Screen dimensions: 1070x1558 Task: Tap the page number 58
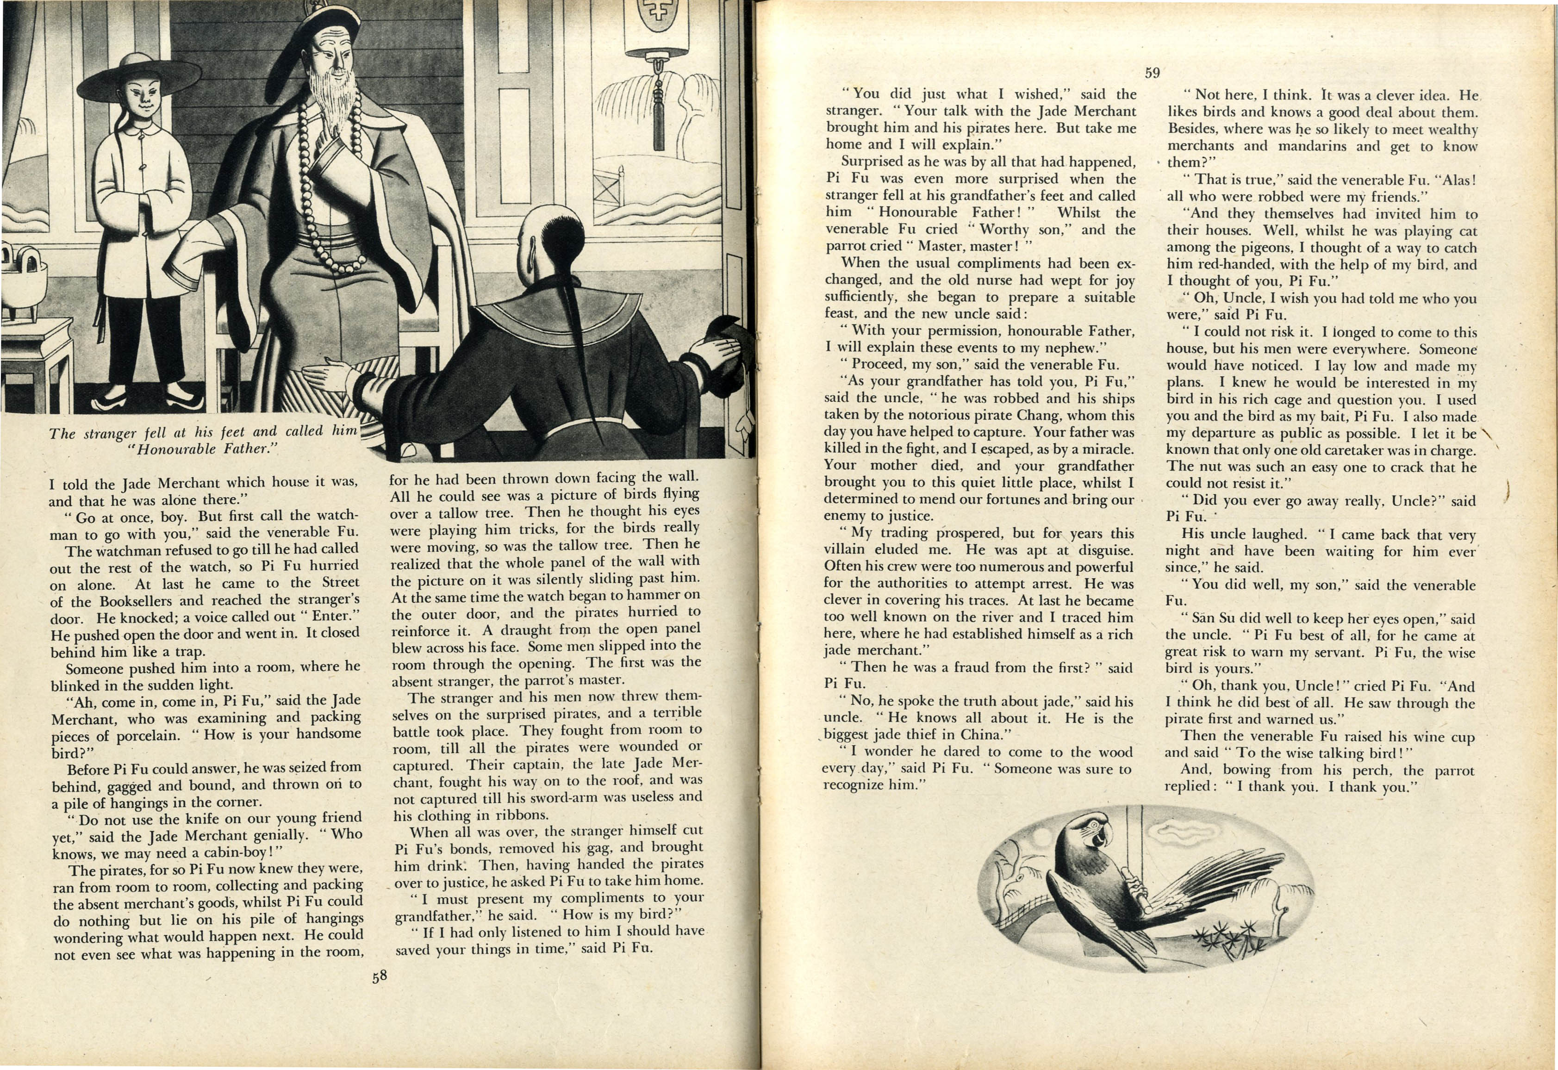[x=380, y=976]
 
